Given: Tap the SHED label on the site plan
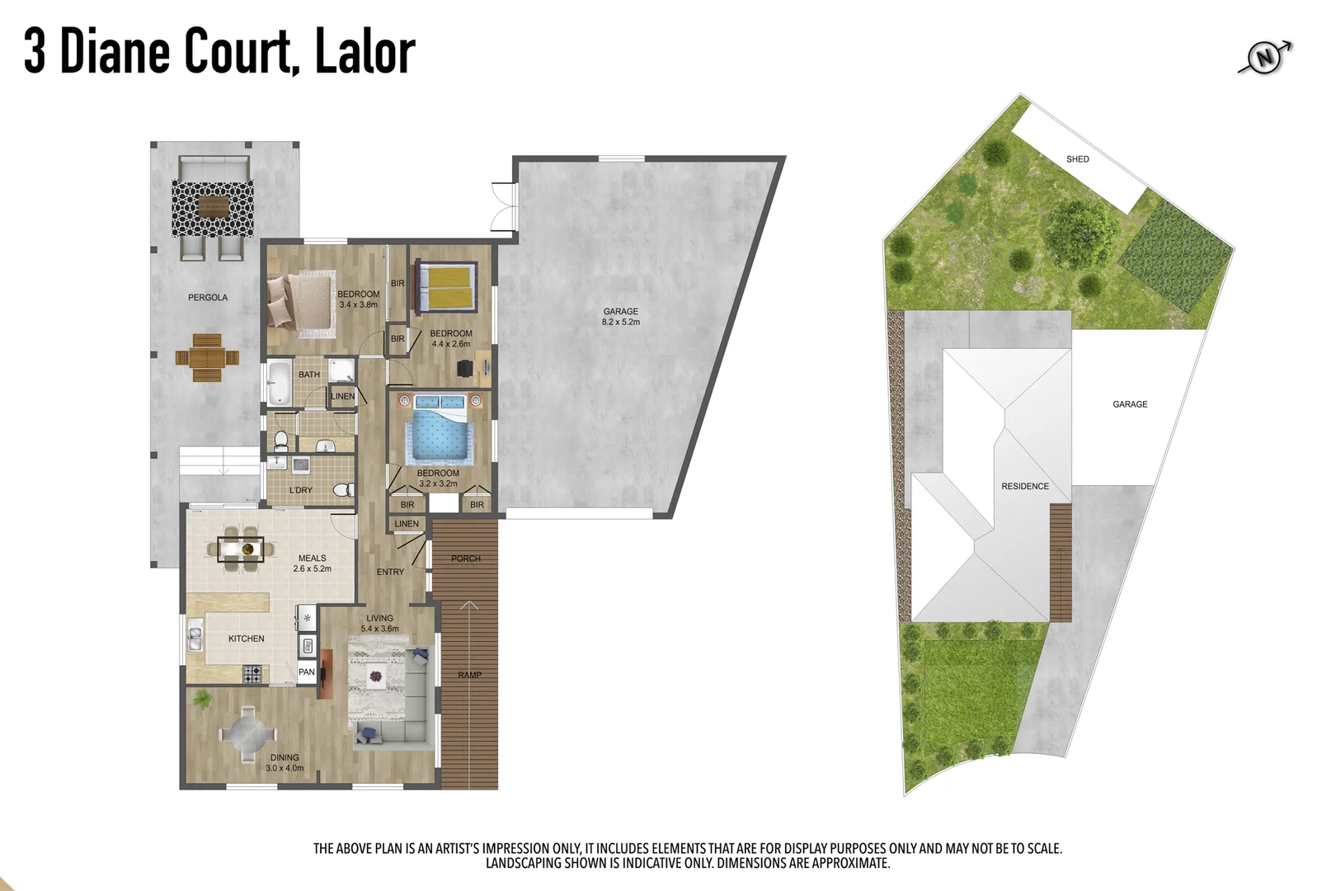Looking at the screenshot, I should pyautogui.click(x=1077, y=159).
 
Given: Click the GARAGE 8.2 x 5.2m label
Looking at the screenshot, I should pyautogui.click(x=620, y=317).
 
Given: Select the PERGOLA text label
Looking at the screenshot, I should pyautogui.click(x=208, y=298).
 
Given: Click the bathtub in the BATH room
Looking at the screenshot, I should pyautogui.click(x=280, y=382).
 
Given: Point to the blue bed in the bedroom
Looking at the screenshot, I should pyautogui.click(x=440, y=431).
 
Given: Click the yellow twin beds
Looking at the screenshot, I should pyautogui.click(x=446, y=286).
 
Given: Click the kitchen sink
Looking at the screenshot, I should pyautogui.click(x=195, y=639).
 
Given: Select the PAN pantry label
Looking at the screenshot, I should pyautogui.click(x=306, y=672).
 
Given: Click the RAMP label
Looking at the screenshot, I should pyautogui.click(x=469, y=675).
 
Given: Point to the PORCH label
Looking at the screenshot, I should pyautogui.click(x=465, y=559).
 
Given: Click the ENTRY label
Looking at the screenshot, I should pyautogui.click(x=390, y=572).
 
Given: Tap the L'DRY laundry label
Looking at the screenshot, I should pyautogui.click(x=301, y=490).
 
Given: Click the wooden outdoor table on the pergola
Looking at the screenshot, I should pyautogui.click(x=207, y=357).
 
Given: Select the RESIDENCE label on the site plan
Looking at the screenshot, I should pyautogui.click(x=1025, y=487).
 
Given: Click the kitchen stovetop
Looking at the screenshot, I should pyautogui.click(x=252, y=674).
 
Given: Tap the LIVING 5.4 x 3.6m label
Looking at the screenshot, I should pyautogui.click(x=379, y=624).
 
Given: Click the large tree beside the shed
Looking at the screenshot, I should pyautogui.click(x=1080, y=233).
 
